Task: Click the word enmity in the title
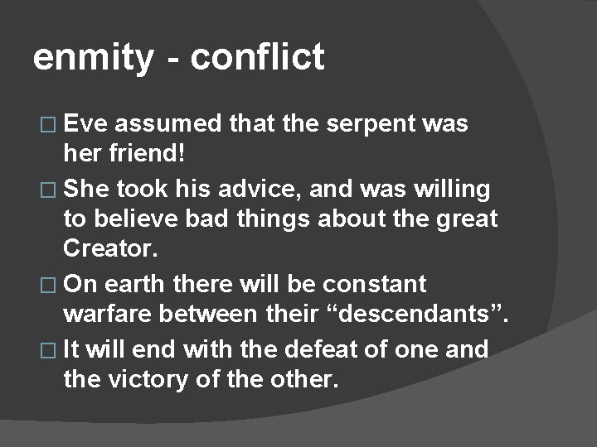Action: tap(93, 59)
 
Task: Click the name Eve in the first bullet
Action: tap(87, 124)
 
